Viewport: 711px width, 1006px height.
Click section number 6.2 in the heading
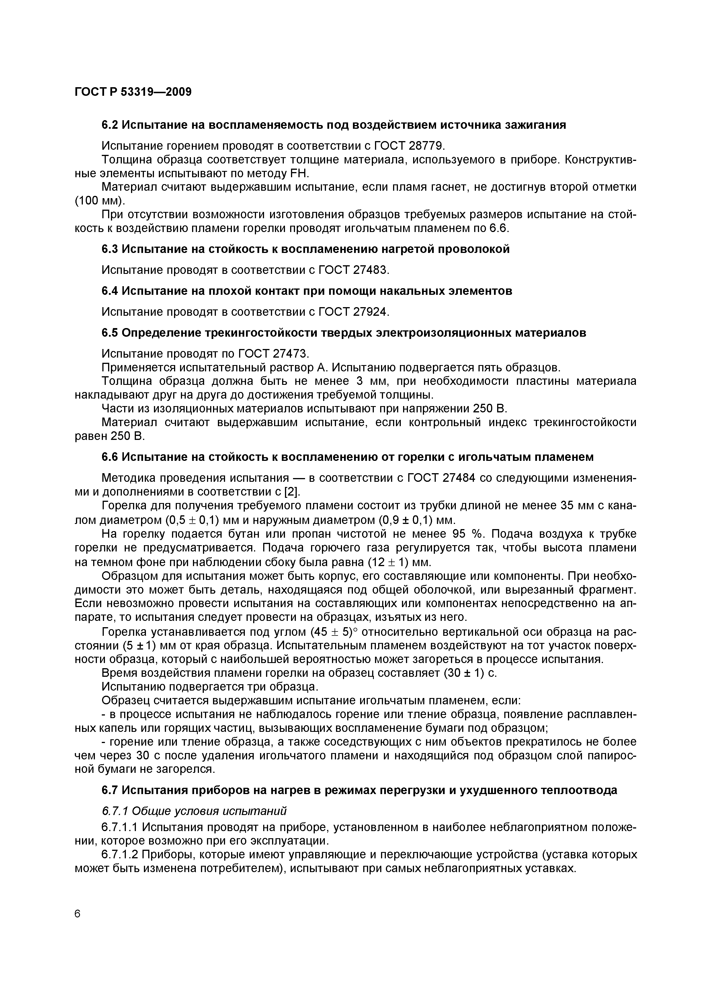click(x=110, y=125)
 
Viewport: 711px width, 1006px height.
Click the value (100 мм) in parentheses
click(x=99, y=201)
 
